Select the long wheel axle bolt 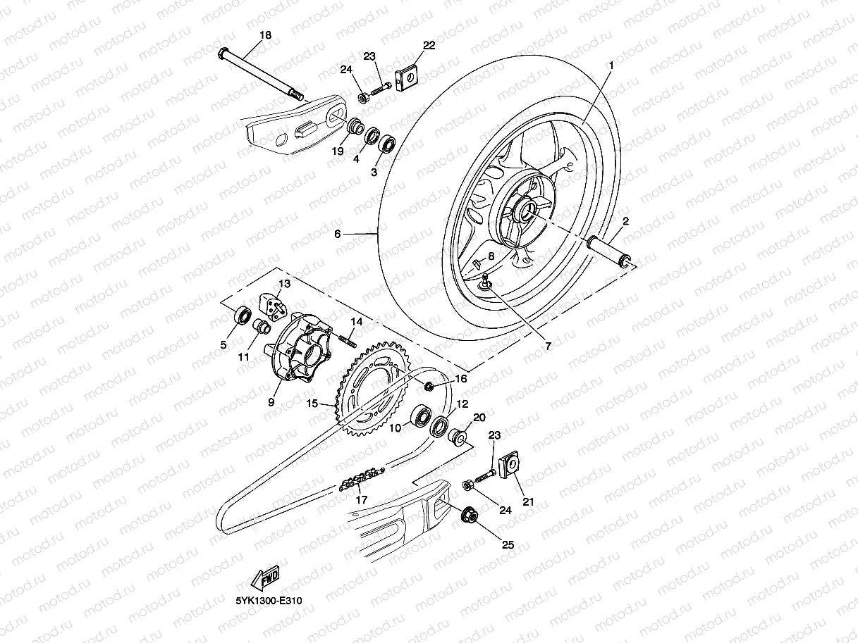(260, 73)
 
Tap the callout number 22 (429, 46)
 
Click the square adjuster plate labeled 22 (406, 79)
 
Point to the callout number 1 (611, 65)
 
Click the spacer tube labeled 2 (607, 251)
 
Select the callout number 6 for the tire (337, 234)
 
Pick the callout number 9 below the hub (271, 404)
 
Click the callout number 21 (528, 501)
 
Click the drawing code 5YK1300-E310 (264, 601)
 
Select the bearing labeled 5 (242, 316)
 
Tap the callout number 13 (283, 284)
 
